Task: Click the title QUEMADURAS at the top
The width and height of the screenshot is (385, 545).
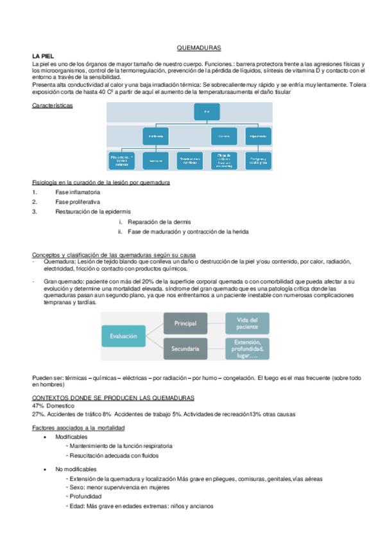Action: (198, 48)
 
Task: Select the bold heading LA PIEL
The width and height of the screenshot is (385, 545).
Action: (43, 57)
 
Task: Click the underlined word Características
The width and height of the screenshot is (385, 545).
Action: (52, 105)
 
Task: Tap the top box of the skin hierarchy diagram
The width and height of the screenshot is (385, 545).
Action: (206, 112)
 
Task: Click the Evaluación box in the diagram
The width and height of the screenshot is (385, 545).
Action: (123, 335)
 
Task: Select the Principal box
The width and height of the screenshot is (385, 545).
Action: (185, 323)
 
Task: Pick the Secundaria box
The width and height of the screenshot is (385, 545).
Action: (185, 349)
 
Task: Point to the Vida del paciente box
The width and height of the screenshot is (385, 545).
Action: (247, 323)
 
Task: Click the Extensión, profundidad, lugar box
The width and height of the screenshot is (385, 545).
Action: (247, 349)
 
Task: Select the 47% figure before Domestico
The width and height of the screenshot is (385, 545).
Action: (38, 406)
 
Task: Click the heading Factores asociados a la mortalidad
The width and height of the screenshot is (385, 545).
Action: (78, 427)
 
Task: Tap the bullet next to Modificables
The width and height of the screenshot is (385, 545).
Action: (45, 437)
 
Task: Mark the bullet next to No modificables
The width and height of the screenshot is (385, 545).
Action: (45, 469)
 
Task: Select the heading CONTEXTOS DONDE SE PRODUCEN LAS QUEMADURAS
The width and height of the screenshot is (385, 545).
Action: (113, 398)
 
